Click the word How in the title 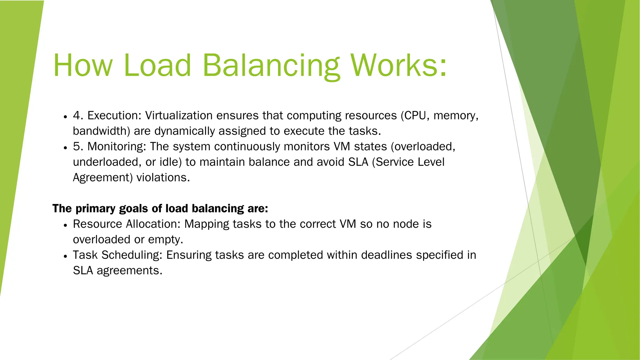tap(82, 65)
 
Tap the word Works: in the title tap(398, 65)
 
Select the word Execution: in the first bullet tap(114, 116)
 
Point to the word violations tap(163, 177)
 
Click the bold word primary tap(95, 209)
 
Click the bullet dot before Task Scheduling tap(65, 256)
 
